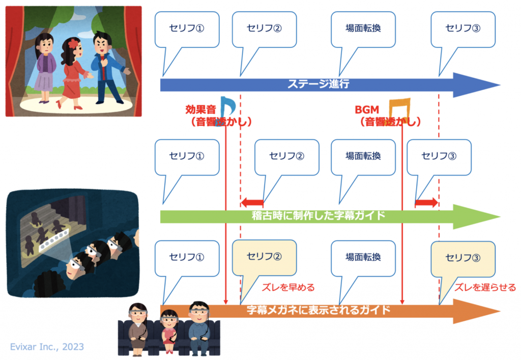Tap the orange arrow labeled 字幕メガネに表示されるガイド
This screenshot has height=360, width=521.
326,310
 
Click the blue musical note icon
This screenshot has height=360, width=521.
227,105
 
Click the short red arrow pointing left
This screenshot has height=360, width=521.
251,203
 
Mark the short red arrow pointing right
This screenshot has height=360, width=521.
426,203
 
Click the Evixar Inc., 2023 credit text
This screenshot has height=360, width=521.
47,347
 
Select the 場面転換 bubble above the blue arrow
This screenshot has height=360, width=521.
363,27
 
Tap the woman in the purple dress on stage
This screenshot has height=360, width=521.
45,64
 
